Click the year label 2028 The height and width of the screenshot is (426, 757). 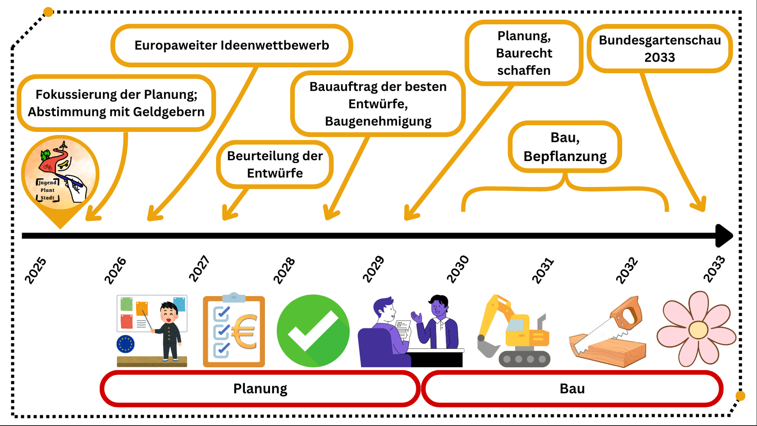pyautogui.click(x=284, y=270)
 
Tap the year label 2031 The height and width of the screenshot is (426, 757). pyautogui.click(x=543, y=270)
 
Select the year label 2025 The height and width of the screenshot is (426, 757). pyautogui.click(x=35, y=270)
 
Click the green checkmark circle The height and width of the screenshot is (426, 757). pyautogui.click(x=313, y=331)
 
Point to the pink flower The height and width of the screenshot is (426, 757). pyautogui.click(x=697, y=329)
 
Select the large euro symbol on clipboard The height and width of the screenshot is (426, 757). pyautogui.click(x=244, y=332)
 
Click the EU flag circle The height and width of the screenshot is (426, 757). pyautogui.click(x=126, y=344)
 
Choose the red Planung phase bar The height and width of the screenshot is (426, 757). pyautogui.click(x=260, y=388)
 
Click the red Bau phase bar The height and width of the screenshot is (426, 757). pyautogui.click(x=572, y=388)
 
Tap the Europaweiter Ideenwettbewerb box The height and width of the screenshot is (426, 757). pyautogui.click(x=232, y=45)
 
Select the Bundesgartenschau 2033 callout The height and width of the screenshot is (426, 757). pyautogui.click(x=660, y=48)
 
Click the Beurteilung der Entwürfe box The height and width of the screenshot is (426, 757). pyautogui.click(x=275, y=164)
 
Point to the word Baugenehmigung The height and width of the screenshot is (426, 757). pyautogui.click(x=378, y=121)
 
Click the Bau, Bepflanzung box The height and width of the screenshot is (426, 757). pyautogui.click(x=565, y=147)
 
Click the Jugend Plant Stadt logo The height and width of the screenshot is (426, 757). pyautogui.click(x=60, y=174)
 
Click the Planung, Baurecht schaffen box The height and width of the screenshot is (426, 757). pyautogui.click(x=524, y=53)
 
